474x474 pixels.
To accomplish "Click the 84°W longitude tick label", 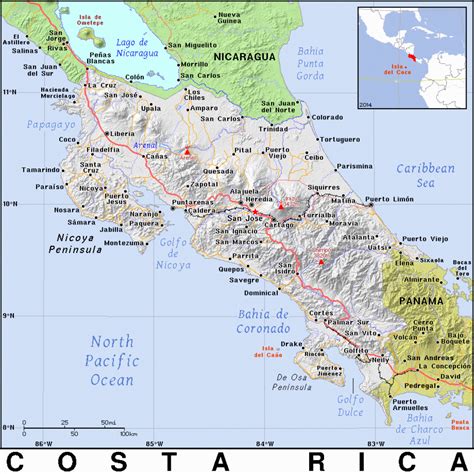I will [264, 443].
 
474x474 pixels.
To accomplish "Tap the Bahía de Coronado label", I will [263, 319].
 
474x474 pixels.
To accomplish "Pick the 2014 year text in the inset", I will [366, 102].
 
